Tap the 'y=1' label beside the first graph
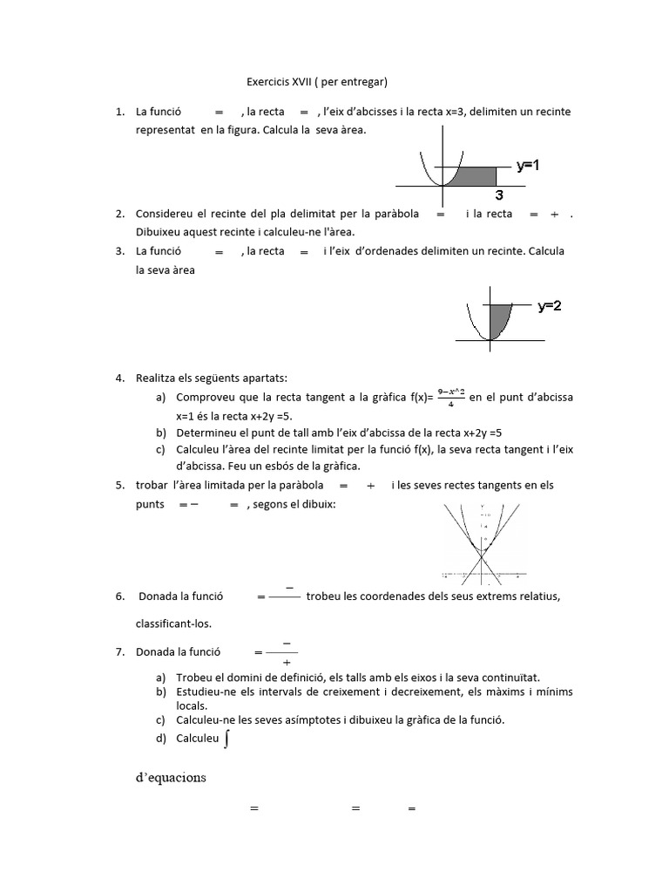coord(528,164)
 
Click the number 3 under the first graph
coord(500,195)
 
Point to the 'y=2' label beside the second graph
coord(550,306)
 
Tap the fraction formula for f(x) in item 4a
coord(450,397)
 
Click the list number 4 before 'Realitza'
coord(119,378)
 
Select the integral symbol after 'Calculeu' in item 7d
coord(227,739)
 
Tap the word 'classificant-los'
coord(173,624)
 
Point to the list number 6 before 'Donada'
coord(119,596)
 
